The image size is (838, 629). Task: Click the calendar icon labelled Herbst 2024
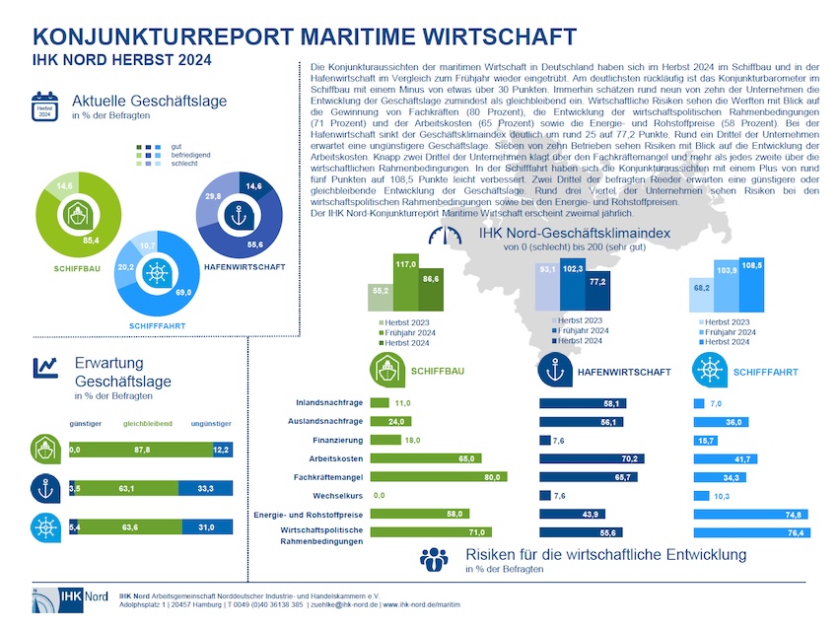(x=44, y=105)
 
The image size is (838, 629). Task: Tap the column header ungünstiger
(x=211, y=424)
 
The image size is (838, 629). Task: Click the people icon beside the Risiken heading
(x=434, y=559)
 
